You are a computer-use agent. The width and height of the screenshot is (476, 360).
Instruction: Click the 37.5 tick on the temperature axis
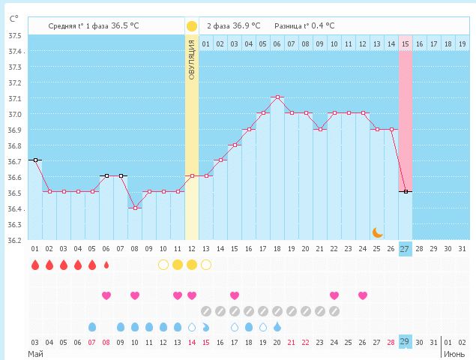click(14, 35)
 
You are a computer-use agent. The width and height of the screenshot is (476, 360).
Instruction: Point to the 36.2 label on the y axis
click(14, 240)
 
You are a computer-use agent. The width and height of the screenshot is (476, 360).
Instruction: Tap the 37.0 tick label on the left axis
click(14, 114)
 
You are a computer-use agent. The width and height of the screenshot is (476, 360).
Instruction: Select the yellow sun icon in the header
click(192, 25)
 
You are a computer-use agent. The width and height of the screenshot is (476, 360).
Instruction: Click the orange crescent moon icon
click(378, 232)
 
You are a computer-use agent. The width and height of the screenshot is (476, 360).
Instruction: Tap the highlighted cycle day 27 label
click(406, 249)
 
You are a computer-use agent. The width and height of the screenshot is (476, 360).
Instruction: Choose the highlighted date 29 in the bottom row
click(406, 342)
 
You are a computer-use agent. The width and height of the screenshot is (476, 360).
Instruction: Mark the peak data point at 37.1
click(277, 97)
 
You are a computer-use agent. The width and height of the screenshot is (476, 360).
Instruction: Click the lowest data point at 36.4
click(135, 208)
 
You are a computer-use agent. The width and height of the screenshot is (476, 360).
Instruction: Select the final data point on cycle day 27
click(406, 192)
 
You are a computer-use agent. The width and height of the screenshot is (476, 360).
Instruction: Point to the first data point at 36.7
click(35, 160)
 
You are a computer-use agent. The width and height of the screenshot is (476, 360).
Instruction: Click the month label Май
click(35, 352)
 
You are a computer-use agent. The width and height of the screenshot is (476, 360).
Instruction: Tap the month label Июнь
click(454, 352)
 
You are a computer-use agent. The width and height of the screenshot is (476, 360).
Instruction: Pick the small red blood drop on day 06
click(106, 265)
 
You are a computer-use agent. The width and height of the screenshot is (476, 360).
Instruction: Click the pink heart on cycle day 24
click(334, 295)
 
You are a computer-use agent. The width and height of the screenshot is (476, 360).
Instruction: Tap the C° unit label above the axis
click(14, 17)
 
